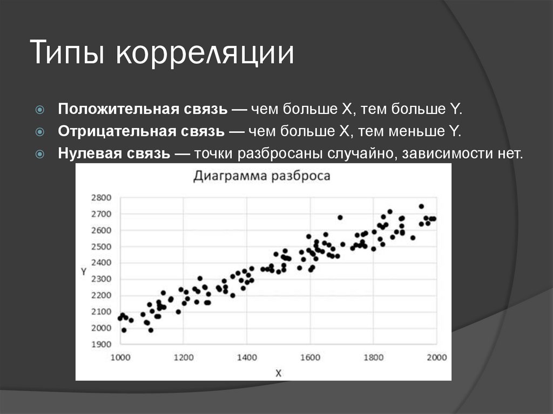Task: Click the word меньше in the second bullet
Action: click(419, 131)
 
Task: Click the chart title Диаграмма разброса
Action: click(261, 176)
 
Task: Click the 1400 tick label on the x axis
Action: click(247, 357)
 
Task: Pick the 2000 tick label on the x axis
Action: click(436, 357)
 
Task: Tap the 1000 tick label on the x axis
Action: click(120, 357)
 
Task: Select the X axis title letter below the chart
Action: click(278, 372)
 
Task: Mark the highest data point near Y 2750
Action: click(421, 206)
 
